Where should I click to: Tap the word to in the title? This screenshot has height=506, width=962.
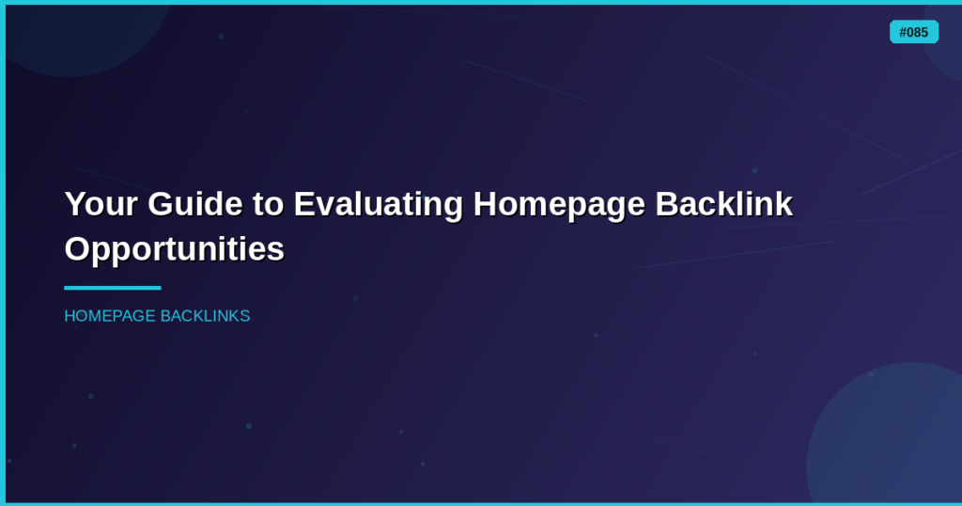(x=268, y=204)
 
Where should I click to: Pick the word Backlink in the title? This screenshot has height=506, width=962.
(x=724, y=204)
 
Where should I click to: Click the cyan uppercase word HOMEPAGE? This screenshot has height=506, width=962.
(x=110, y=316)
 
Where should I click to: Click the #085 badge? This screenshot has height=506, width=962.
(x=914, y=32)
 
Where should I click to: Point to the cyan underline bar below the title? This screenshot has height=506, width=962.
(x=113, y=288)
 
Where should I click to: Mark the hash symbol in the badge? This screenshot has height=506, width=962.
(x=903, y=33)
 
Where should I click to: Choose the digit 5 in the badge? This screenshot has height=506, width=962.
(x=924, y=33)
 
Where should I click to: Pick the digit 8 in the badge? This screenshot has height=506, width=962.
(x=917, y=33)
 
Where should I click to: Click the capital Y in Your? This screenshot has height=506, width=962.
(x=74, y=204)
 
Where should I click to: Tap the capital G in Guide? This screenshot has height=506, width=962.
(x=160, y=204)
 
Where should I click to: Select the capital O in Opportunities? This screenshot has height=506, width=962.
(x=77, y=248)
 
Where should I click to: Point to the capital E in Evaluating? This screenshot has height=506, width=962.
(x=303, y=204)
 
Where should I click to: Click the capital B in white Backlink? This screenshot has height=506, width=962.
(x=667, y=204)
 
